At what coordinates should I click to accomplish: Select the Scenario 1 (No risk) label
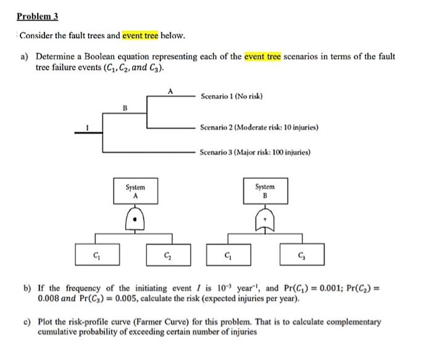(231, 97)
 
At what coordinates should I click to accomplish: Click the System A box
(135, 190)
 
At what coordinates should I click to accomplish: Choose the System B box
(265, 190)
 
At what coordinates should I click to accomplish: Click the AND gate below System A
(135, 217)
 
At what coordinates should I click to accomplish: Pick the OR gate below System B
(265, 218)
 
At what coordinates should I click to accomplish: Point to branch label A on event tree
(170, 91)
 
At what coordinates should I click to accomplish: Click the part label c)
(27, 322)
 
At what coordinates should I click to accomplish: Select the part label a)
(25, 56)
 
